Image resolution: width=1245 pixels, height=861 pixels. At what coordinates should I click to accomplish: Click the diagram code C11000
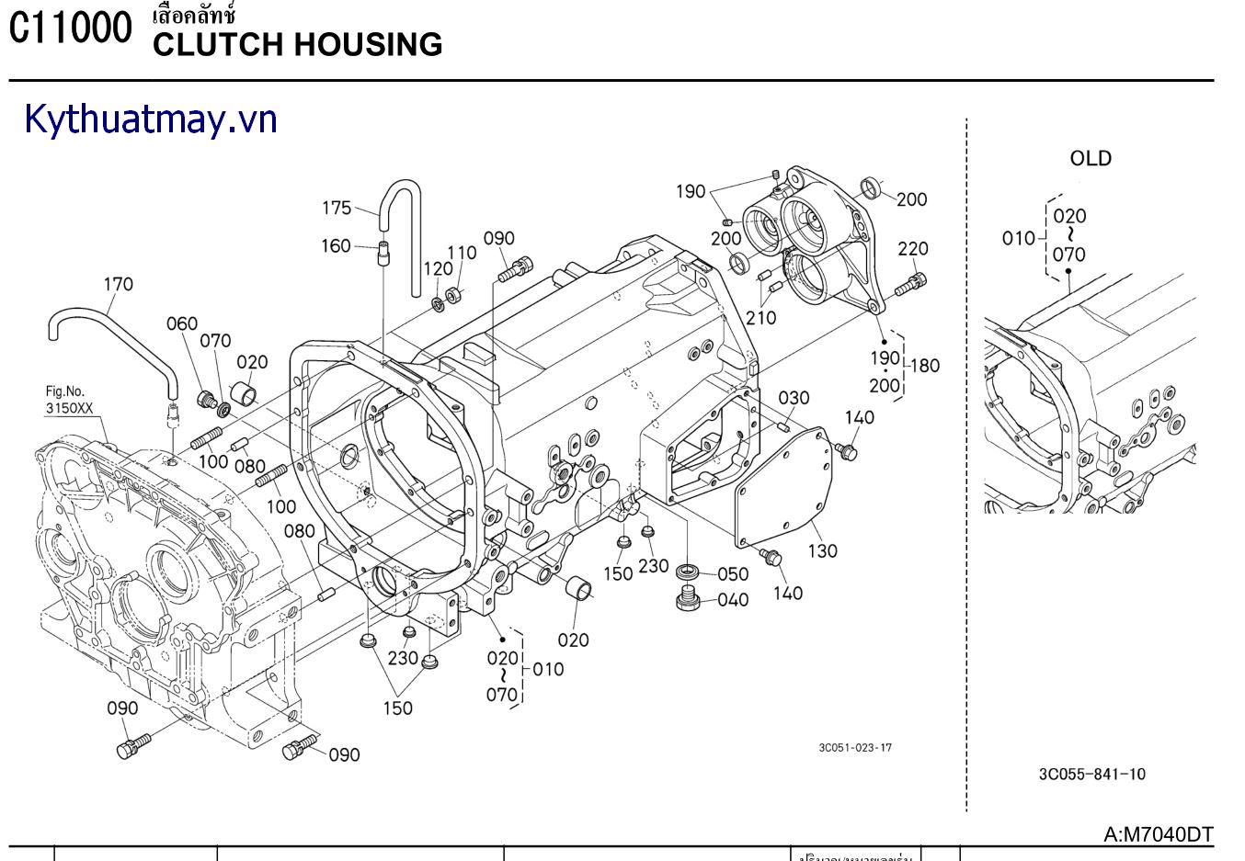(71, 29)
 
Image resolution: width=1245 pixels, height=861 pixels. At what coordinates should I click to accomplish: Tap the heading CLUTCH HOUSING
(297, 44)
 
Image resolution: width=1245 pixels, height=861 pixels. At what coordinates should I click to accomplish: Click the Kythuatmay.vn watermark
(151, 119)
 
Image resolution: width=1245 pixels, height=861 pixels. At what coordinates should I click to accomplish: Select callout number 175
(337, 208)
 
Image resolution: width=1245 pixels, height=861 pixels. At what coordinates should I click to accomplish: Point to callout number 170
(118, 284)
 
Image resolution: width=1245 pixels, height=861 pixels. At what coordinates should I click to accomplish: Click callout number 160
(336, 245)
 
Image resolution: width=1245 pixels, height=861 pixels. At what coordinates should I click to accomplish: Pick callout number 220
(913, 248)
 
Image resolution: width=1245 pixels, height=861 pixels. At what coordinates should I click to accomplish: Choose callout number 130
(822, 550)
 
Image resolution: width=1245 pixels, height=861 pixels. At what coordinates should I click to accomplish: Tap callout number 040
(732, 600)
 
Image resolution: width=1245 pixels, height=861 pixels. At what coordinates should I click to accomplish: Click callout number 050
(732, 574)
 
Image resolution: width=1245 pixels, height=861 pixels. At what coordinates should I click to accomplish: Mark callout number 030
(794, 398)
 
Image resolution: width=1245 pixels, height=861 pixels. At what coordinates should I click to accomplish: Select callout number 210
(760, 318)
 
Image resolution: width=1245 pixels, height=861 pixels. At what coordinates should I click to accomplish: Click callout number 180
(924, 366)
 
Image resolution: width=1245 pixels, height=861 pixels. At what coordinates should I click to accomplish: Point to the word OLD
(1091, 158)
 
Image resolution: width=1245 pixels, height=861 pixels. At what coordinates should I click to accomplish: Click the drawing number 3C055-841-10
(1092, 774)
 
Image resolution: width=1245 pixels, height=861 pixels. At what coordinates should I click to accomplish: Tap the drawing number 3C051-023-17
(855, 747)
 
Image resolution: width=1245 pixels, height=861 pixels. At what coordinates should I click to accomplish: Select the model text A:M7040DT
(1159, 833)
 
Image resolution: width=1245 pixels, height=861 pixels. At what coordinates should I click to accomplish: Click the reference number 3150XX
(70, 406)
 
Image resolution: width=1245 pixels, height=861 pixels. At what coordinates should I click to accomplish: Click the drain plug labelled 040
(686, 600)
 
